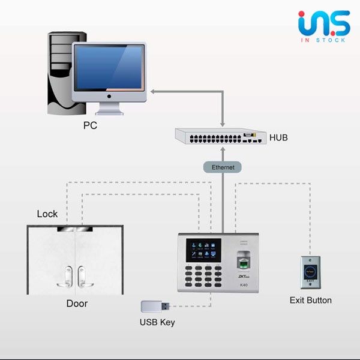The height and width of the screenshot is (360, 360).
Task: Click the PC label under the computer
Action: (90, 126)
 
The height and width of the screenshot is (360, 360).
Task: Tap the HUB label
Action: (278, 137)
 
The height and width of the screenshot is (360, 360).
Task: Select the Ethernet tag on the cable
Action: (223, 167)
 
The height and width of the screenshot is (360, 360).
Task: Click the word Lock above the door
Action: (47, 214)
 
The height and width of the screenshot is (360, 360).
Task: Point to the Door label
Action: (77, 304)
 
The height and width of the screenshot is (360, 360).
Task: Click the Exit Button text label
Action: (310, 300)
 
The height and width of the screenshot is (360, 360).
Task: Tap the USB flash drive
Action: (153, 307)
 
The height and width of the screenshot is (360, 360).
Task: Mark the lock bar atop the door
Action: (76, 229)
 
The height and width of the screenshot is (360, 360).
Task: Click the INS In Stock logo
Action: (323, 28)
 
